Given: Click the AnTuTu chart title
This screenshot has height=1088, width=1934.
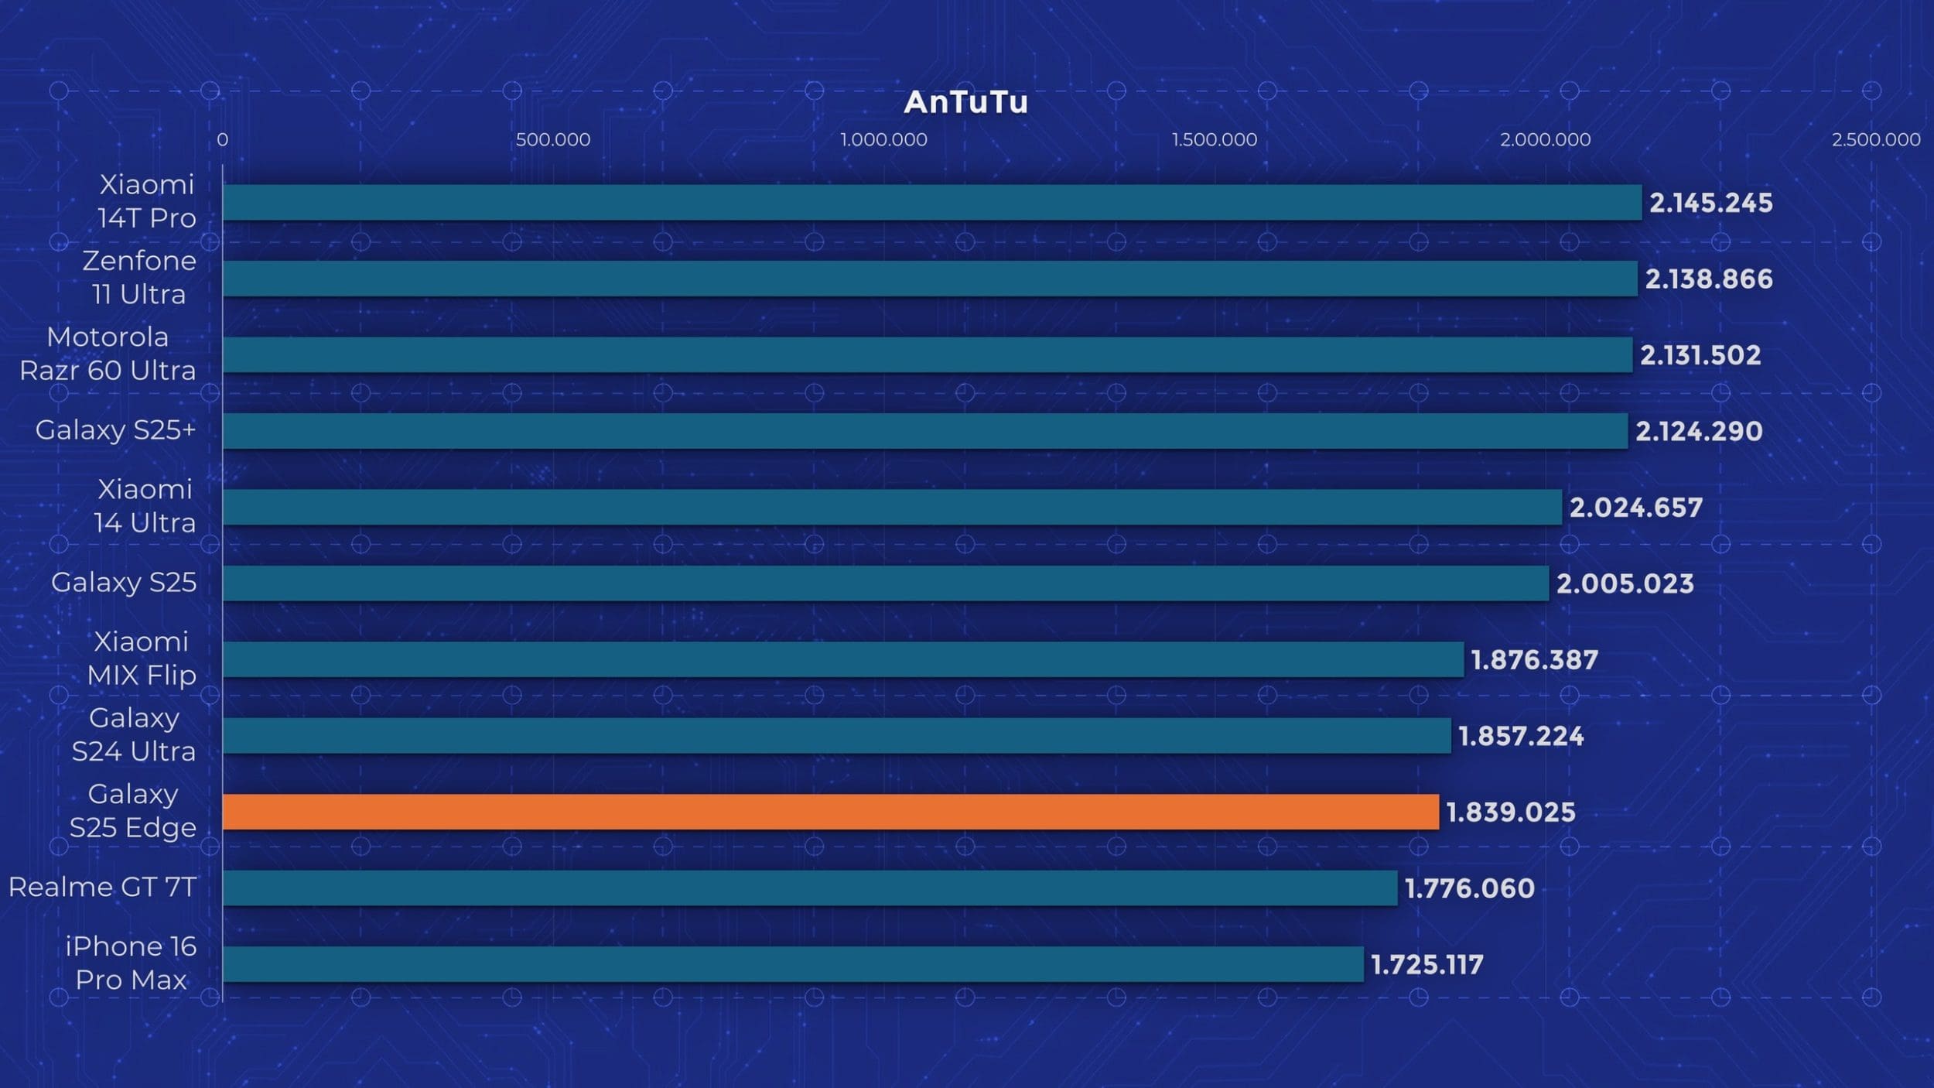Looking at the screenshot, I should pyautogui.click(x=965, y=102).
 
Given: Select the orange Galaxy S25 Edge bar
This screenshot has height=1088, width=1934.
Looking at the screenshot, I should pyautogui.click(x=830, y=812).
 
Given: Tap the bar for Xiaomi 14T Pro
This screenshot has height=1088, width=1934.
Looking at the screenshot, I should pyautogui.click(x=931, y=202).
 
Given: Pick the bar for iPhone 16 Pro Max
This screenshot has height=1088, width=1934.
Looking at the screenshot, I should pyautogui.click(x=793, y=964).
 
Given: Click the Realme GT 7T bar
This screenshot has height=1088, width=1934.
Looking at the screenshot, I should pyautogui.click(x=810, y=888).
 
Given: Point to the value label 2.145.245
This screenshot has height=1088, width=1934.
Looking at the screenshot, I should pyautogui.click(x=1710, y=203).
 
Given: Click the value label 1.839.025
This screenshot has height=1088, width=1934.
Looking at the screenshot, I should pyautogui.click(x=1510, y=813).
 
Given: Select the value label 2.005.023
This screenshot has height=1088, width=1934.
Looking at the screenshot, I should pyautogui.click(x=1625, y=583).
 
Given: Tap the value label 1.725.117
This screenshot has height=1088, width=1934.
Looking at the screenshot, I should pyautogui.click(x=1427, y=965).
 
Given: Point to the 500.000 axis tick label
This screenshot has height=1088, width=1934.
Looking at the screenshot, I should pyautogui.click(x=552, y=140).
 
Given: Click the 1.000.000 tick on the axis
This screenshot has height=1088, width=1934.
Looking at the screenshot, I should pyautogui.click(x=883, y=140).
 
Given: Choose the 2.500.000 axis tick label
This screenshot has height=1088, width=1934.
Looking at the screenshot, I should pyautogui.click(x=1875, y=140).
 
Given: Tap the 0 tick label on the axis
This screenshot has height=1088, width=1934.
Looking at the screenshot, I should pyautogui.click(x=222, y=140).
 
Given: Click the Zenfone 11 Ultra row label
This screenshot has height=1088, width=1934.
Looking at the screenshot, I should pyautogui.click(x=139, y=277).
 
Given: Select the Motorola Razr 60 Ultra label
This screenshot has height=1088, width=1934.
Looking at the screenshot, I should pyautogui.click(x=108, y=354).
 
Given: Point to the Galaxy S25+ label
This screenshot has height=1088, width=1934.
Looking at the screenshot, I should pyautogui.click(x=115, y=429).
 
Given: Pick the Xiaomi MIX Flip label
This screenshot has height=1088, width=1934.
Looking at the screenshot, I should pyautogui.click(x=142, y=659).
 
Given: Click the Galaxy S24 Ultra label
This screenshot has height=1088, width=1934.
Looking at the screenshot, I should pyautogui.click(x=134, y=734).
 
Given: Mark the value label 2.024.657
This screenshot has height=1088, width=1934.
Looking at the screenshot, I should pyautogui.click(x=1635, y=508).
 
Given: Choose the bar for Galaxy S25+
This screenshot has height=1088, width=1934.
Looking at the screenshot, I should pyautogui.click(x=924, y=431).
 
